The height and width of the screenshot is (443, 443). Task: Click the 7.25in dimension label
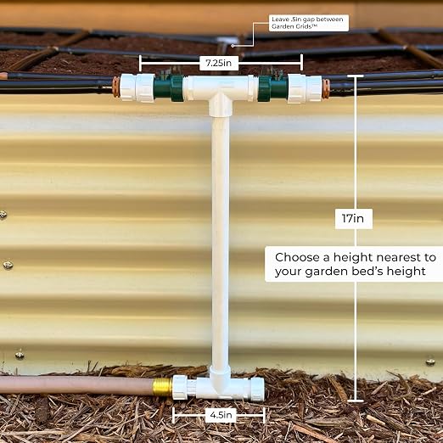(x=218, y=63)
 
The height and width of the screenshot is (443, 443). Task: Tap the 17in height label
(x=353, y=218)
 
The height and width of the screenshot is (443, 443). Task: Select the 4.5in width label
(x=221, y=415)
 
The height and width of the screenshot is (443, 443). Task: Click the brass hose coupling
(x=162, y=387)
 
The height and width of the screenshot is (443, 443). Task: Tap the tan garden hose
(x=76, y=384)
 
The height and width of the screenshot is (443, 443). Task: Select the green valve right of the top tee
(x=272, y=88)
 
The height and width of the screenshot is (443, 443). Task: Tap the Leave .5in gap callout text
(x=307, y=23)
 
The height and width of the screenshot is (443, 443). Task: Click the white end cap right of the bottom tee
(x=257, y=389)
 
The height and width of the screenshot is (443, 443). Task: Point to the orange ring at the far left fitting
(x=116, y=87)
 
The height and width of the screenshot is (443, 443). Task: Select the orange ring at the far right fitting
(x=326, y=89)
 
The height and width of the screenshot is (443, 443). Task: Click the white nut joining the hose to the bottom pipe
(x=180, y=387)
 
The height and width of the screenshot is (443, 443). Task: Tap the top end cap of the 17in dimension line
(x=356, y=76)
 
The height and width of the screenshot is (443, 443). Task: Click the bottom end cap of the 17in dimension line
(x=356, y=401)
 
